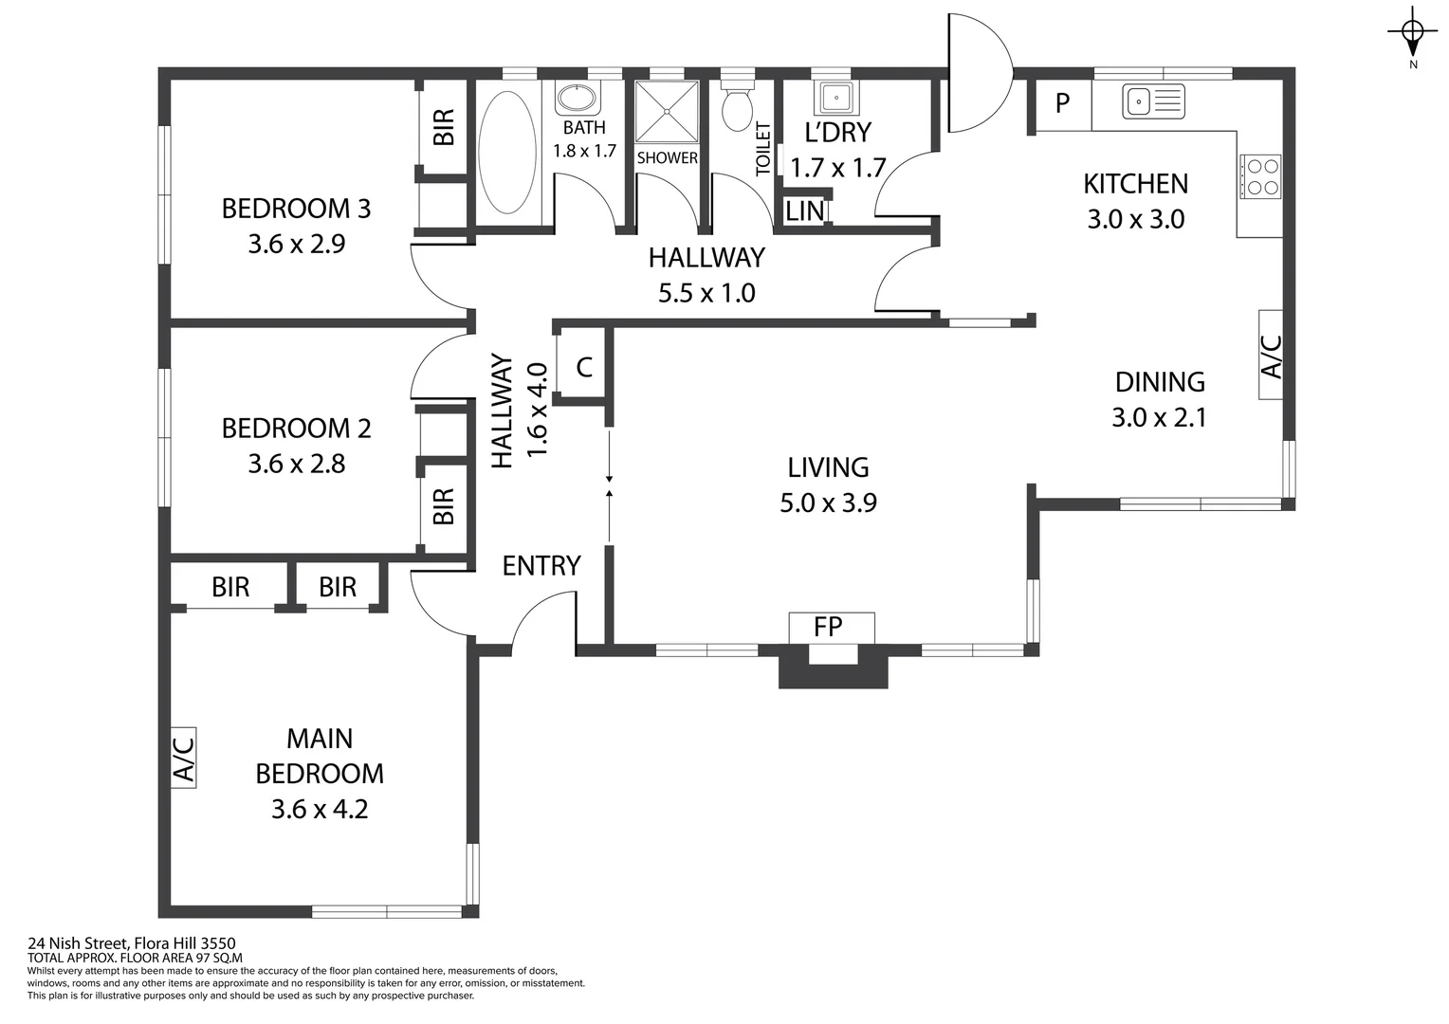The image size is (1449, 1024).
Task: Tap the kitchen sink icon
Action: pos(1153,101)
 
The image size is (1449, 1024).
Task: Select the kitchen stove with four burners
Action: pos(1260,176)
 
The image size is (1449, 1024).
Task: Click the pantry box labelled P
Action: pos(1062,103)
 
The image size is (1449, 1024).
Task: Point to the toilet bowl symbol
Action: pos(737,107)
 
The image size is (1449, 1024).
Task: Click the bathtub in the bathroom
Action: pos(507,152)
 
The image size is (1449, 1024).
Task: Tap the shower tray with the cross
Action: pos(667,111)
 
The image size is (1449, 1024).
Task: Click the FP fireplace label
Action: pos(829,627)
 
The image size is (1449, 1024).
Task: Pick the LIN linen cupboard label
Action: pos(805,211)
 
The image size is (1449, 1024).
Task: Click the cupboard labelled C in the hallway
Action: pos(584,368)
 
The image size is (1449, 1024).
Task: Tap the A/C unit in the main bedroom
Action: pos(183,758)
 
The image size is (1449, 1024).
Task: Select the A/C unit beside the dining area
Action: pos(1271,355)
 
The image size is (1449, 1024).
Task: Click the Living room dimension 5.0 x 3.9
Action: pos(828,503)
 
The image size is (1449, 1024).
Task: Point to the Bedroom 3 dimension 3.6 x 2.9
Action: pos(296,244)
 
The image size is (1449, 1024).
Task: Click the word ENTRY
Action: pos(541,566)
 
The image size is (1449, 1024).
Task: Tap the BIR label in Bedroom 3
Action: pos(444,128)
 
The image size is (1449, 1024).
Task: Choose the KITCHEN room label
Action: pos(1135,184)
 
